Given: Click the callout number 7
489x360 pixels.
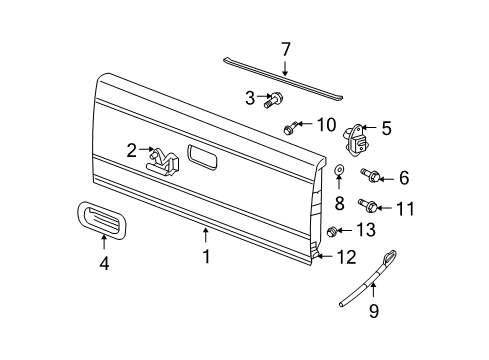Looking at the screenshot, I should (x=286, y=49).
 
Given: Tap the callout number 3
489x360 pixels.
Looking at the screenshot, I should (x=251, y=97).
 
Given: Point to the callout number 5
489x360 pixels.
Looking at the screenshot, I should (x=385, y=128).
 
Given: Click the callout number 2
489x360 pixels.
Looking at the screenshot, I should (x=131, y=151).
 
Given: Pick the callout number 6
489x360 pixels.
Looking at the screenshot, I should (x=403, y=178).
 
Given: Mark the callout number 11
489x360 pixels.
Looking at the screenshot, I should (x=404, y=209).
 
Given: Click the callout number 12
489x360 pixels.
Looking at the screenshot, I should (x=345, y=257).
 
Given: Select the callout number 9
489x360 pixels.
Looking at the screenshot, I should (x=375, y=310).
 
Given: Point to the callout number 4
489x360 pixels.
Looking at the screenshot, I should (x=103, y=265).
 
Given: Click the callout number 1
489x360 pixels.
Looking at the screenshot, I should (x=206, y=257).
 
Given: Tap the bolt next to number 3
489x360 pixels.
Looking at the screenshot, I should (x=274, y=99).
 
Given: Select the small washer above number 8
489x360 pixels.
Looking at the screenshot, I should (x=339, y=171).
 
